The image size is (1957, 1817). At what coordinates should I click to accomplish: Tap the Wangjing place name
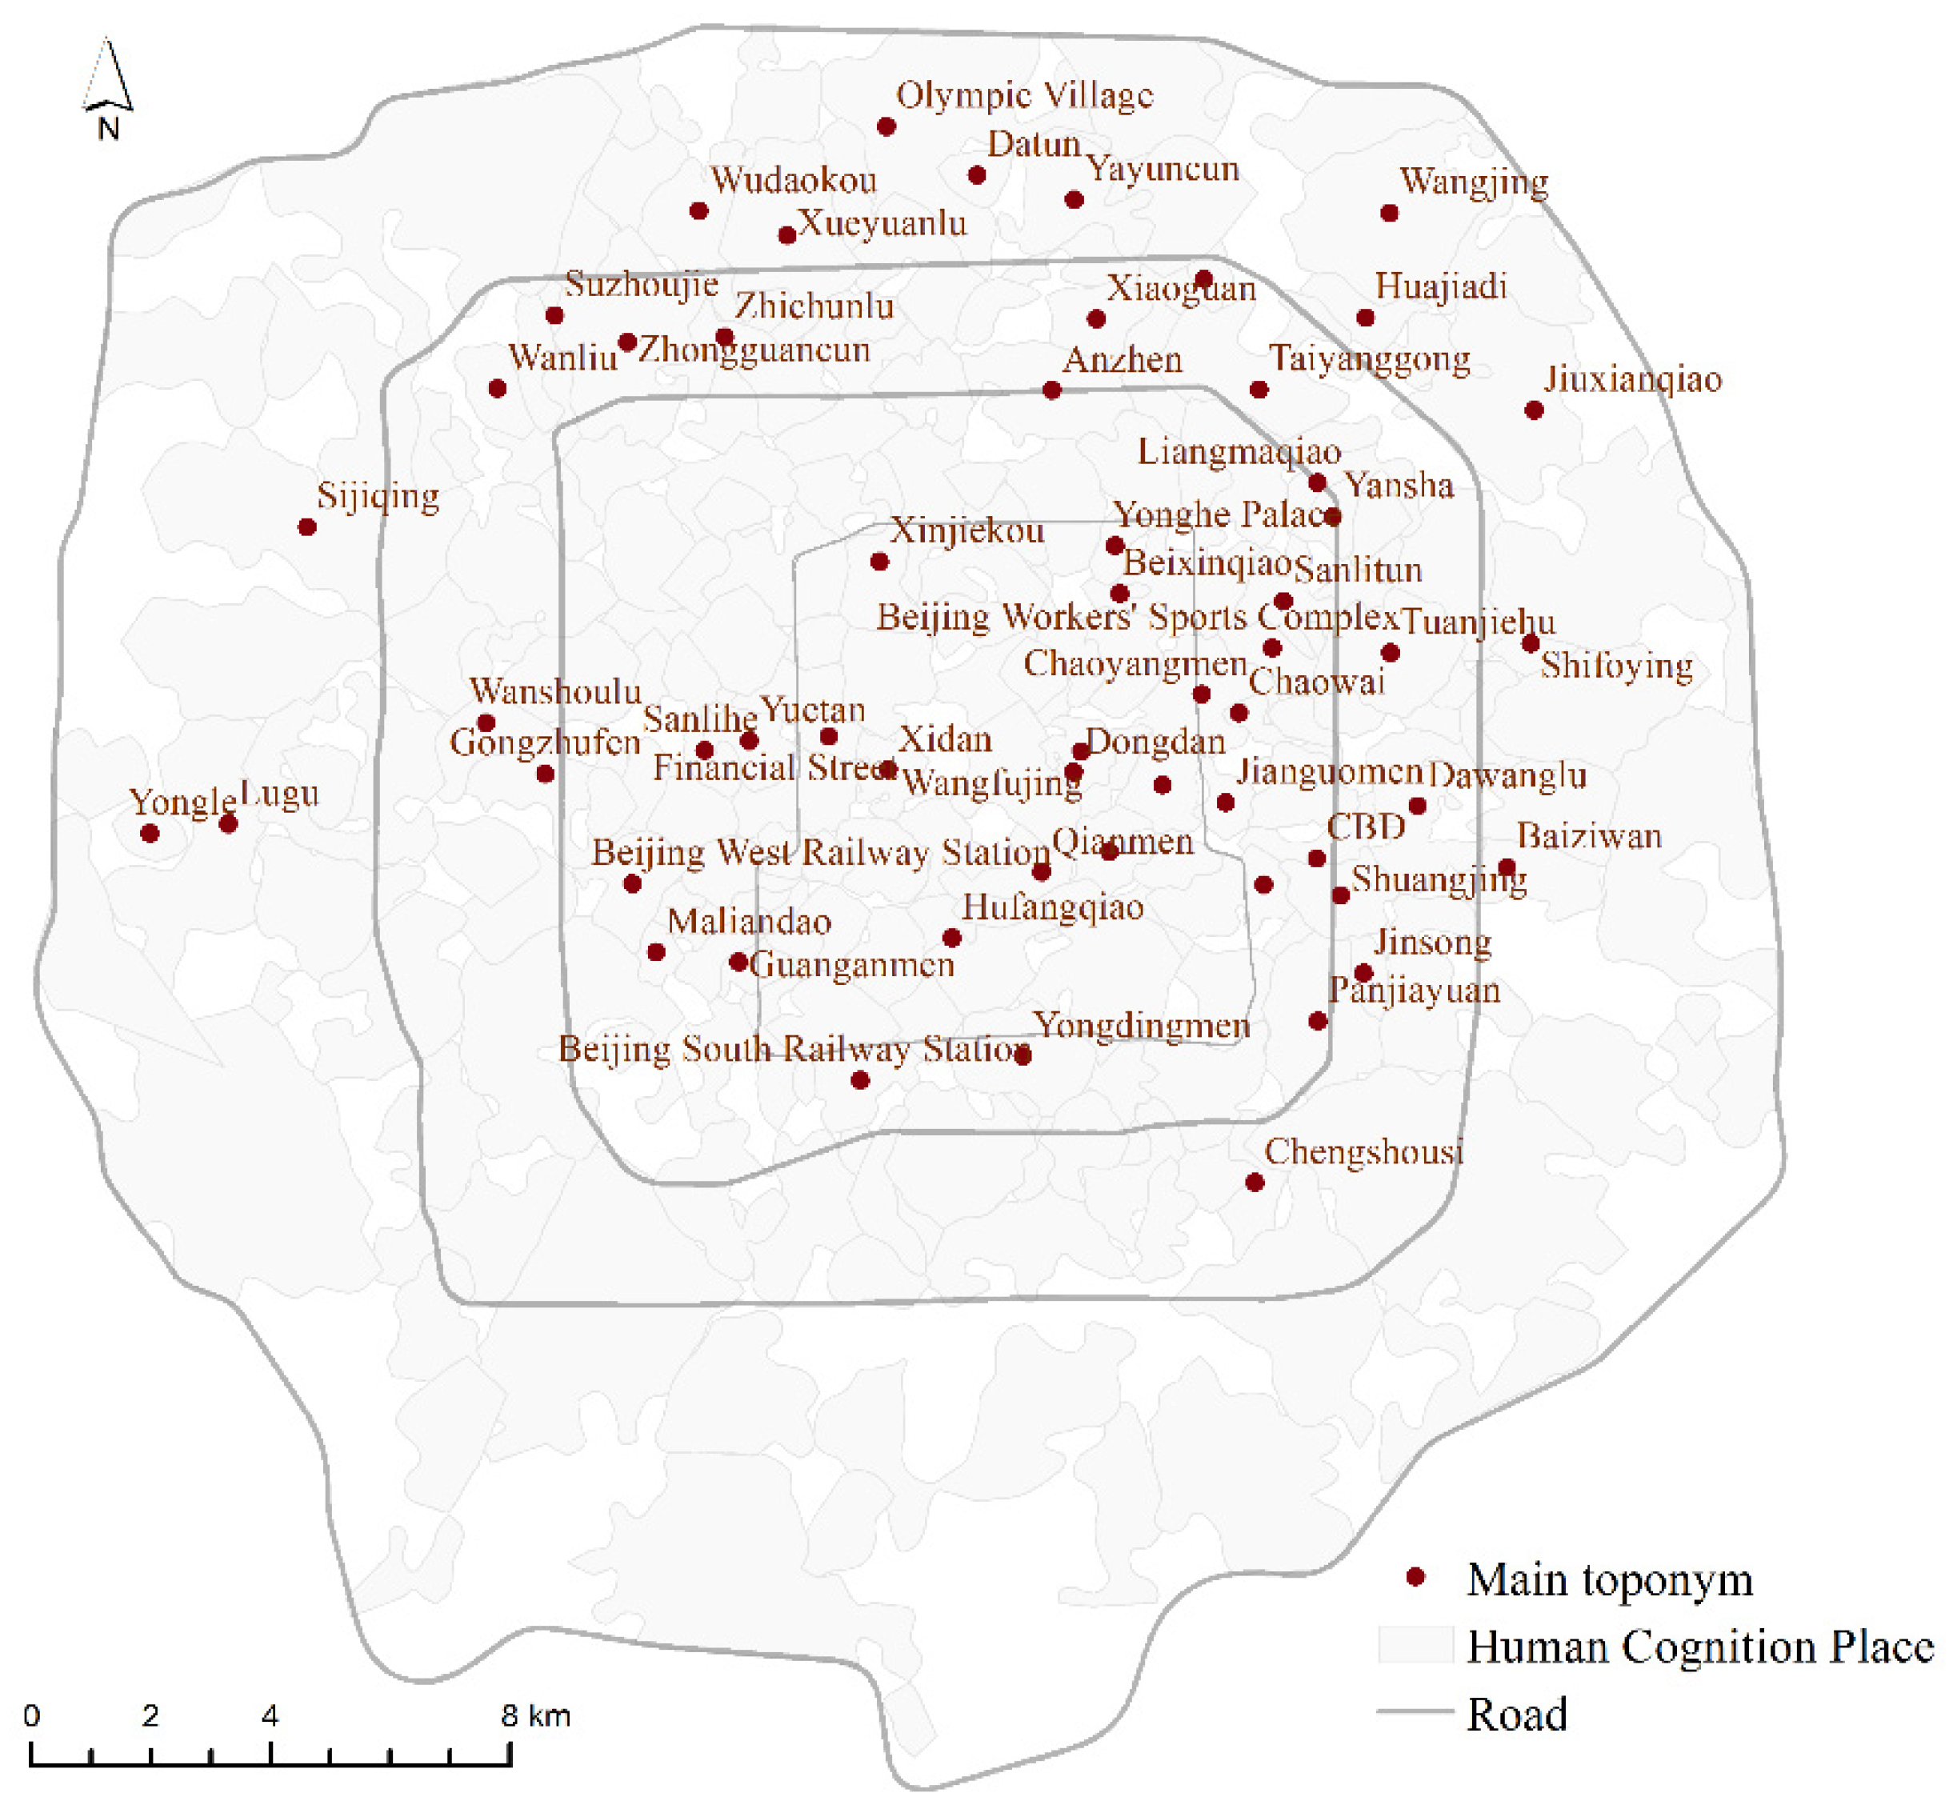tap(1473, 182)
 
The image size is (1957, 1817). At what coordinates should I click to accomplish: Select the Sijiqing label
tap(378, 497)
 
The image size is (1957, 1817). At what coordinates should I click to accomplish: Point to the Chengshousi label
tap(1363, 1151)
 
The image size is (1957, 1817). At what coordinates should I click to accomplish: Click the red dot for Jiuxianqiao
tap(1533, 410)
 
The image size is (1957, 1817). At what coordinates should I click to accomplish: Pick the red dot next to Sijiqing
tap(306, 527)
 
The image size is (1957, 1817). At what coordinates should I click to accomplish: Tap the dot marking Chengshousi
tap(1254, 1182)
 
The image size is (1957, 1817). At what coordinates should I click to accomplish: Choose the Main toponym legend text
tap(1609, 1580)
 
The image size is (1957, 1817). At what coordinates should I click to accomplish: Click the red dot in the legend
tap(1415, 1577)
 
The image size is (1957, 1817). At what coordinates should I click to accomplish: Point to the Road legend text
tap(1516, 1714)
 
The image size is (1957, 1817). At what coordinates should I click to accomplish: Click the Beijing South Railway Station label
tap(793, 1049)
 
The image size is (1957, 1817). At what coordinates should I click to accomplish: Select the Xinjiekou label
tap(966, 532)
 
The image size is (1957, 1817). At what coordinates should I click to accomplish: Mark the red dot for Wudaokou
tap(698, 210)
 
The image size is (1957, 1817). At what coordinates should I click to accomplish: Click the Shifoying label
tap(1615, 666)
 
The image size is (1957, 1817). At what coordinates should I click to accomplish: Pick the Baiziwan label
tap(1588, 837)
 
